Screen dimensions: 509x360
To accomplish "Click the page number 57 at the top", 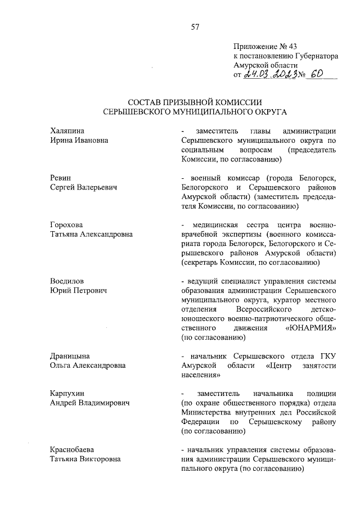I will [195, 26].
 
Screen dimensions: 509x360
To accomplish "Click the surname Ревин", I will [60, 178].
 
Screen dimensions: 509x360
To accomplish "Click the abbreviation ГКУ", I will [327, 356].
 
